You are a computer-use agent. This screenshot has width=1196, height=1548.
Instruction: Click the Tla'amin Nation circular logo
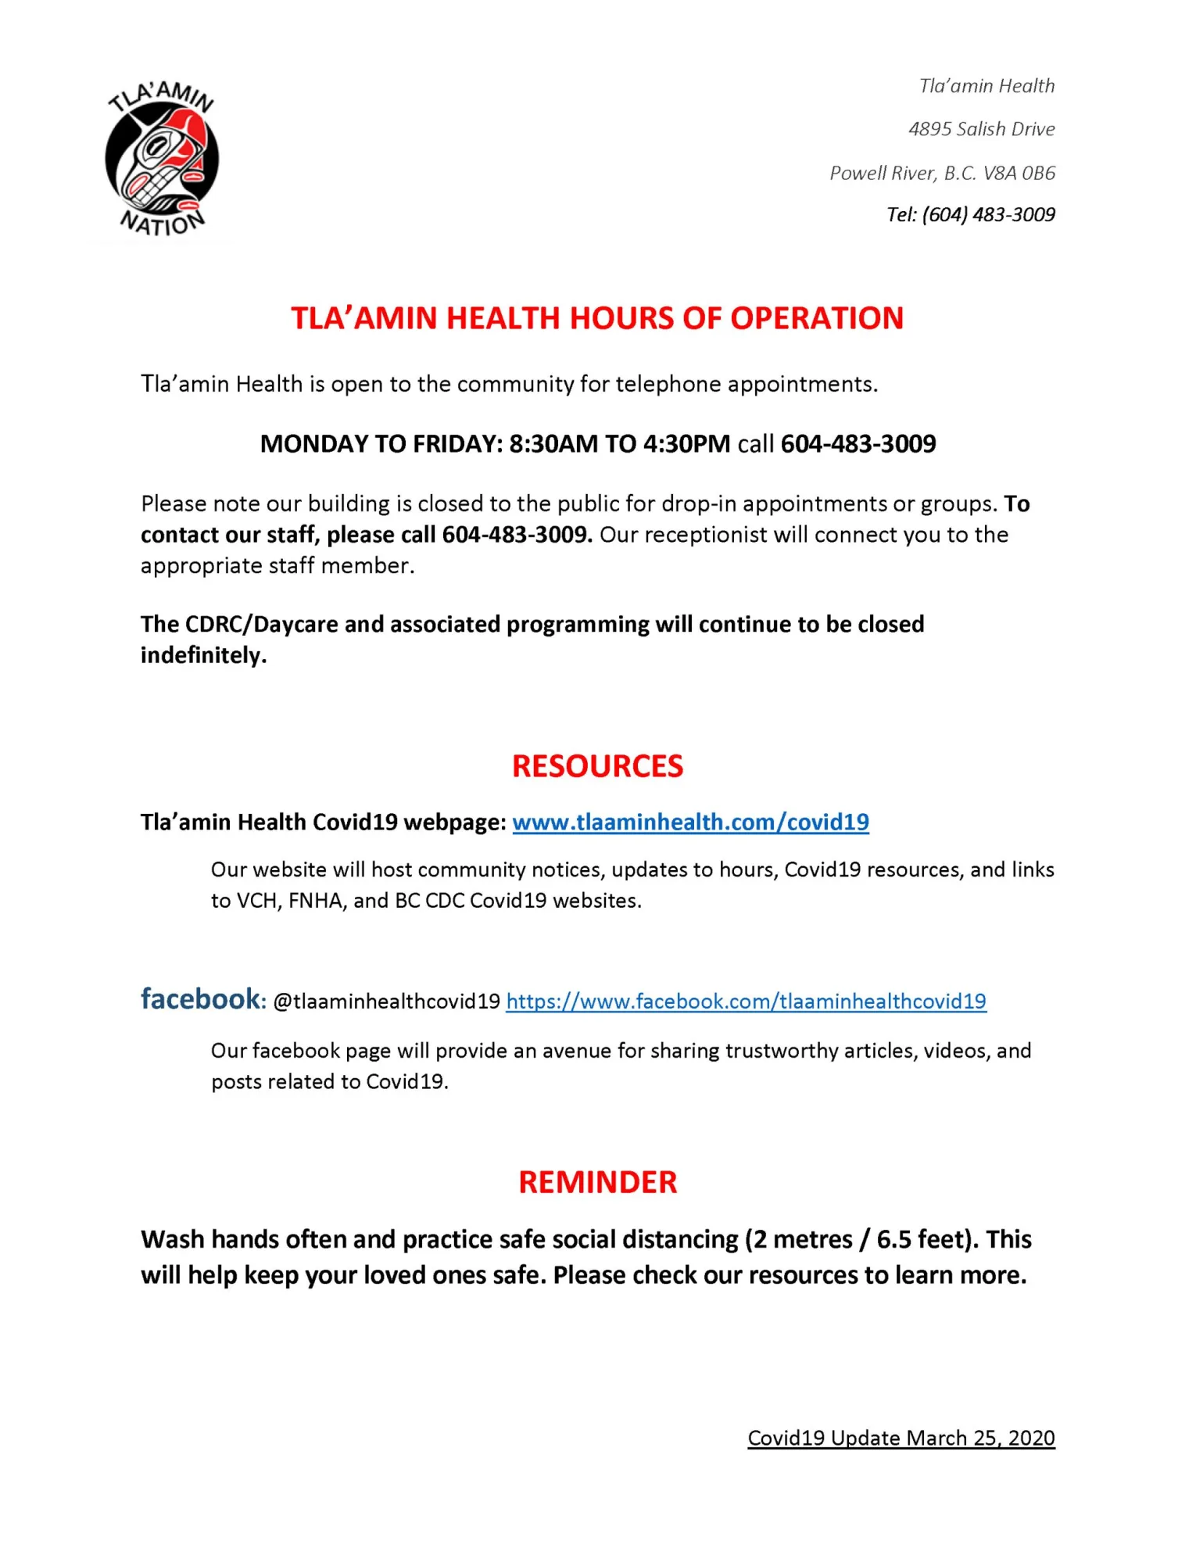[x=162, y=160]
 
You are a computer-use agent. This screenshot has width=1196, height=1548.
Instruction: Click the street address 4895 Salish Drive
[x=981, y=129]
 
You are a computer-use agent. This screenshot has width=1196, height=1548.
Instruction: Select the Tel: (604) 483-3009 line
[x=970, y=215]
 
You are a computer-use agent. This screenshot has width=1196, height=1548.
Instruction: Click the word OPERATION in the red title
[x=817, y=318]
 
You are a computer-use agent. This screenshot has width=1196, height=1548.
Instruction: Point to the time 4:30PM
[x=686, y=444]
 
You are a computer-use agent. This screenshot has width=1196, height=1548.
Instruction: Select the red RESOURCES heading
[x=597, y=766]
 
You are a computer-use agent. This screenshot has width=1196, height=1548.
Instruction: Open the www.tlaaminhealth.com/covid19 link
[x=690, y=822]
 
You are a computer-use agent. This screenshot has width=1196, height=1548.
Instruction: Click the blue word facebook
[x=200, y=999]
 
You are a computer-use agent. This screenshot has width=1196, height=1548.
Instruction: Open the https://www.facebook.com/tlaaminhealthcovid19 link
[x=746, y=1002]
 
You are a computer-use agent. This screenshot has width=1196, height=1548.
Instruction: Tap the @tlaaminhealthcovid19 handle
[x=386, y=1002]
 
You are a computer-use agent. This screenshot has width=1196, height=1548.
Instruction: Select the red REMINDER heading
[x=597, y=1182]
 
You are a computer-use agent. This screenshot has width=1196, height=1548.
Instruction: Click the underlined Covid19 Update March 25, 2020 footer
[x=901, y=1438]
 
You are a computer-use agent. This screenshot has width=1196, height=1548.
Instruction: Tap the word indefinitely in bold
[x=202, y=655]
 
